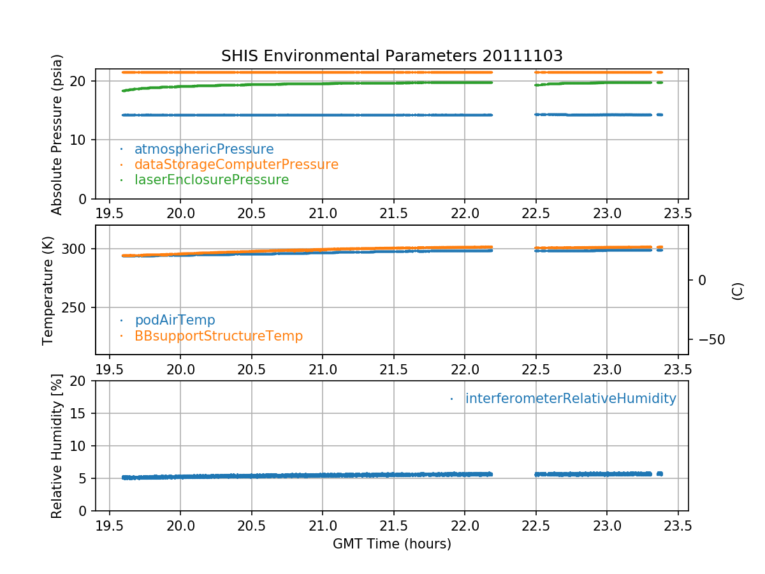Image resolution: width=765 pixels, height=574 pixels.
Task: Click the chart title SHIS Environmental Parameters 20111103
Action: [391, 56]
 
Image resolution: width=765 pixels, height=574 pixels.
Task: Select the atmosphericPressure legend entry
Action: [203, 149]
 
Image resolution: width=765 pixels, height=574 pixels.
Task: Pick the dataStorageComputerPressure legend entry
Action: [236, 165]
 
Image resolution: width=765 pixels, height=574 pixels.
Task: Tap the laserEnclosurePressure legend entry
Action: [211, 180]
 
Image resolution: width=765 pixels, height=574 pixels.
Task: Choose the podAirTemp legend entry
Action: [175, 320]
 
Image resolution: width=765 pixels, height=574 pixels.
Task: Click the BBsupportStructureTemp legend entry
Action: [218, 335]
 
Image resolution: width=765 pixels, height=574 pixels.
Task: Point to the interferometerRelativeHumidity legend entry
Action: [570, 399]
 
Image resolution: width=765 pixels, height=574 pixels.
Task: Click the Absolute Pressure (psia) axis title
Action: [57, 134]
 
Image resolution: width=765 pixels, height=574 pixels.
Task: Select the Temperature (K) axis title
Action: [48, 291]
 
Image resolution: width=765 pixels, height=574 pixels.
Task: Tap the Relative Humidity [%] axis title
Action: [57, 446]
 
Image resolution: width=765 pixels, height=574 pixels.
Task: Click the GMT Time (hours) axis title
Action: [391, 544]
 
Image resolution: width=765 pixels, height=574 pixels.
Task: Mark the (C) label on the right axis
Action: [738, 291]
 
